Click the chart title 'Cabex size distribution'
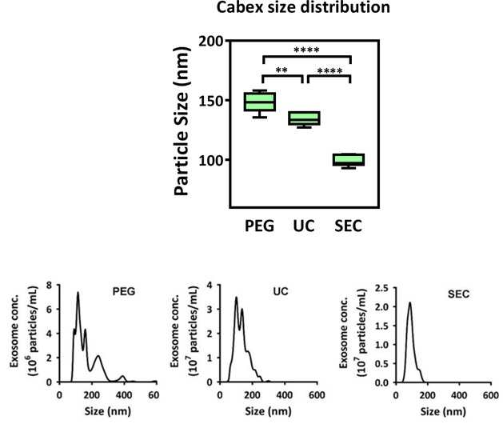point(303,7)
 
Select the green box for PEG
point(260,102)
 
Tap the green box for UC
point(304,118)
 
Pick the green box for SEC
point(349,159)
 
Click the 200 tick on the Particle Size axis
point(211,42)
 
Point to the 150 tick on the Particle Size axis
point(211,101)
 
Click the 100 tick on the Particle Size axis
point(211,160)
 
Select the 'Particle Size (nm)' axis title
point(182,122)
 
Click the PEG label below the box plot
point(260,226)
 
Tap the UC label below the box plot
point(304,226)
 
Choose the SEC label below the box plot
point(349,226)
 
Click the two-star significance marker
point(281,70)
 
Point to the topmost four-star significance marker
point(306,50)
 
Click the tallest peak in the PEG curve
point(78,293)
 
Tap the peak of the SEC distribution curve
point(409,302)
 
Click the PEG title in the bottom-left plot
point(124,291)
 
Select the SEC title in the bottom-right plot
point(459,294)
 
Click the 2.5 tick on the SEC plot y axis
point(381,288)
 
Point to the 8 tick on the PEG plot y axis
point(49,286)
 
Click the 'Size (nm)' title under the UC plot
point(268,411)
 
